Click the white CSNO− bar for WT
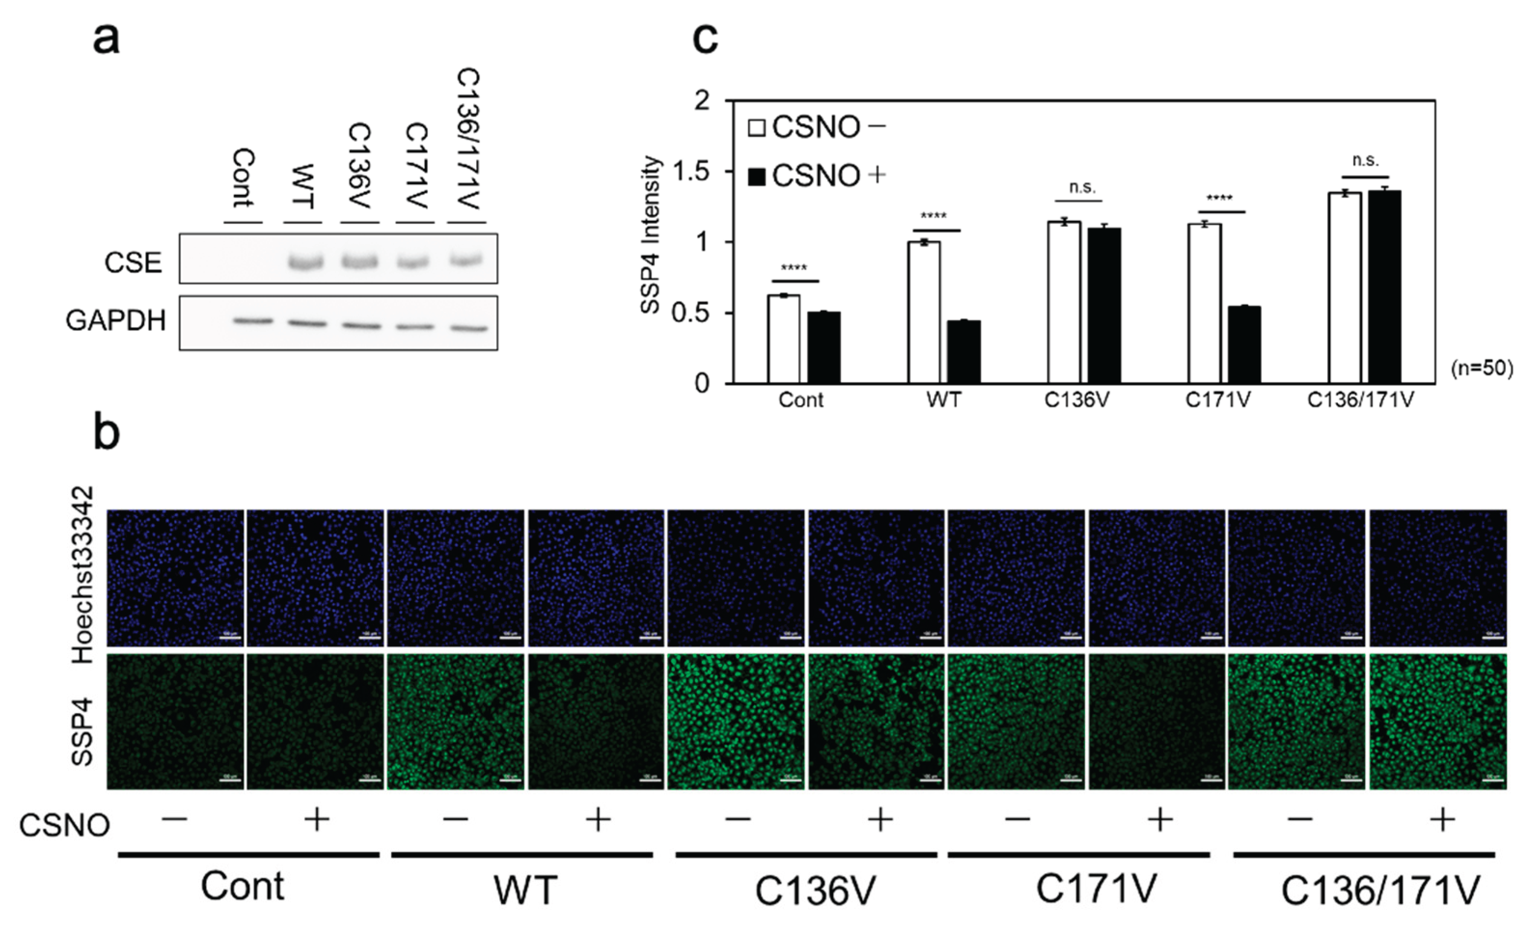924,312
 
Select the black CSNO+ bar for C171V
1244,345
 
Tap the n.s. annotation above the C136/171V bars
1365,161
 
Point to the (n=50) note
1482,369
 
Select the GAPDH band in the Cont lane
253,321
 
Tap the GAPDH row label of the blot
116,321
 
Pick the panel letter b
106,434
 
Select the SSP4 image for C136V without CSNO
736,721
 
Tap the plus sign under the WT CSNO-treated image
598,820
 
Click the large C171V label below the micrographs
1096,889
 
